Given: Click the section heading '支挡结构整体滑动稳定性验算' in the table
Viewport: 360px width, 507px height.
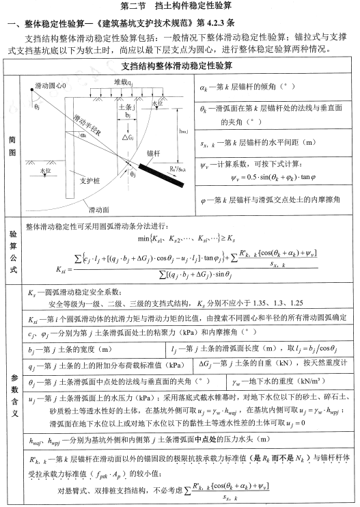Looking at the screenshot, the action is click(180, 66).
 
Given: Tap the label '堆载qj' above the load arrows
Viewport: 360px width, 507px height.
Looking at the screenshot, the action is click(123, 82).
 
